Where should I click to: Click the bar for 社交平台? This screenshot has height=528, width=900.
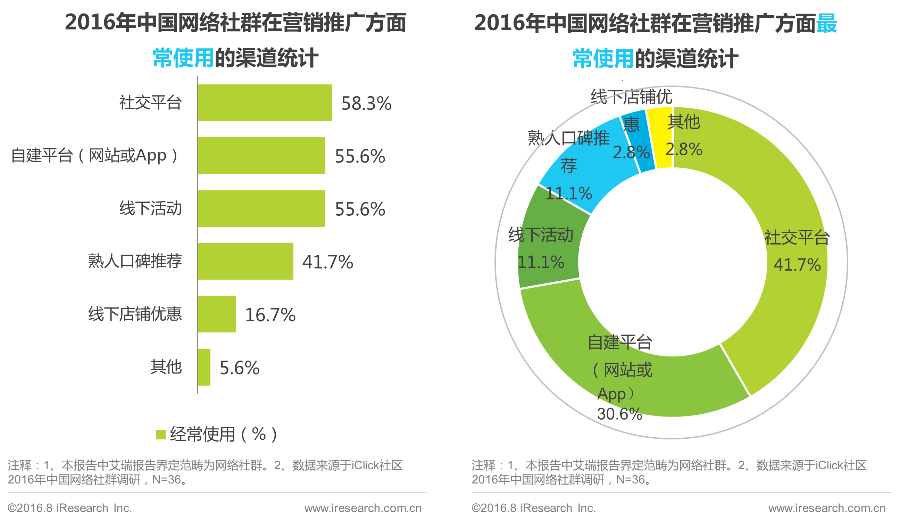click(x=264, y=102)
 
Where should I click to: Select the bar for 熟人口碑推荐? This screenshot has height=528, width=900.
click(x=245, y=261)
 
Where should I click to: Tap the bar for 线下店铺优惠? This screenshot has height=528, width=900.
click(x=216, y=314)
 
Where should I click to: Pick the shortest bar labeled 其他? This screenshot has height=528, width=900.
click(x=203, y=367)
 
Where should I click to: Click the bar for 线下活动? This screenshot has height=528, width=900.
click(x=261, y=208)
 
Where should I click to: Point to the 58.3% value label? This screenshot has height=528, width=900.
click(x=366, y=104)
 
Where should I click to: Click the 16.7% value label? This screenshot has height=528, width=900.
click(x=270, y=315)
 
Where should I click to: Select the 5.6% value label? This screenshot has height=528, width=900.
click(x=239, y=368)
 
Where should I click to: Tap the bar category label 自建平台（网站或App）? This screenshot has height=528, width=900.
click(x=95, y=156)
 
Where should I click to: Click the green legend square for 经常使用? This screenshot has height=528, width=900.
click(x=161, y=435)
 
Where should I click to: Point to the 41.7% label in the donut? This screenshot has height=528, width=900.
click(x=797, y=265)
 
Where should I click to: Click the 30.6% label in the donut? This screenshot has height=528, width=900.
click(x=619, y=414)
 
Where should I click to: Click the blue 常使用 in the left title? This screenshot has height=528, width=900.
click(x=183, y=58)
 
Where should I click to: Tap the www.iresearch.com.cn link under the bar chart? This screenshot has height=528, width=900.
click(x=363, y=508)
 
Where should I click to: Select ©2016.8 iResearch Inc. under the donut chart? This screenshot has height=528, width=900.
click(x=534, y=508)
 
